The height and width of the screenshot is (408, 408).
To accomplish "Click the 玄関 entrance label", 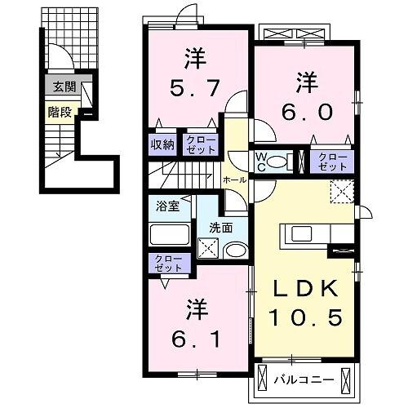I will [61, 86].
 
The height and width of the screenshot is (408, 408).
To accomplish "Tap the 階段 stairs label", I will [58, 112].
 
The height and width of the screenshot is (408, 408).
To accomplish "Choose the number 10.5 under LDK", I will [304, 318].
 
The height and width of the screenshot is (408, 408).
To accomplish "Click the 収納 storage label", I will [162, 144].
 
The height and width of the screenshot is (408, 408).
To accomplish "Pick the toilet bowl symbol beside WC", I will [282, 161].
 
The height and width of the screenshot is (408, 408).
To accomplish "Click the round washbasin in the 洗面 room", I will [235, 251].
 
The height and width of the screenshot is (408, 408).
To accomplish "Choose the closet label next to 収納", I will [198, 144].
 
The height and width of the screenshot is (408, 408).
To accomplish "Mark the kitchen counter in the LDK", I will [305, 235].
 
